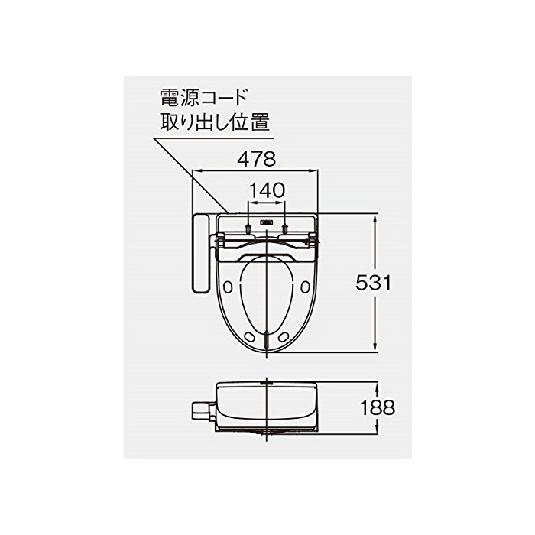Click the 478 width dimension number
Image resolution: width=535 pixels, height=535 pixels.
pos(257,159)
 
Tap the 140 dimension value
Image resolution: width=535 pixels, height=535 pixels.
pos(267,190)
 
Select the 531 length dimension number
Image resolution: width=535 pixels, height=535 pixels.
pos(373,283)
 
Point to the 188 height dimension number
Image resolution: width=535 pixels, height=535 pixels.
pos(378,407)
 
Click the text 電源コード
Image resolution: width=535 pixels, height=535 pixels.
pos(204,97)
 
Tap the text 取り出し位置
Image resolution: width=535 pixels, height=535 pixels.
pos(215,122)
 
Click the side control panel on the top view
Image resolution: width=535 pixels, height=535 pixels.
pos(200,253)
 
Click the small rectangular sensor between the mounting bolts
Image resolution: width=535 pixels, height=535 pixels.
pos(267,222)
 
